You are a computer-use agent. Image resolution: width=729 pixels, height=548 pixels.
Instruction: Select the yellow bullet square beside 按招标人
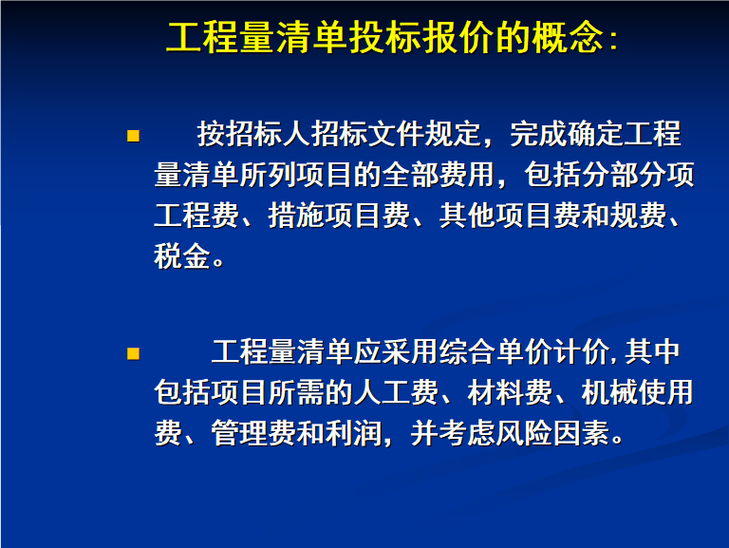133,136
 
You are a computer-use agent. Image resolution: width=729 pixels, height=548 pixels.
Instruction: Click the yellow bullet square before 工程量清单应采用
133,354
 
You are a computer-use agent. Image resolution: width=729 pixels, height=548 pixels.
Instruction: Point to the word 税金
182,255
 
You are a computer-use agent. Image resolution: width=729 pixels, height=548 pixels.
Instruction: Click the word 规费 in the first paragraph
638,216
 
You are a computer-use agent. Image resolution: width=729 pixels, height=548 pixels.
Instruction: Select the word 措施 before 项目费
296,216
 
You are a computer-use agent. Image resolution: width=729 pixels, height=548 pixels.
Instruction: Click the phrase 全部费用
439,175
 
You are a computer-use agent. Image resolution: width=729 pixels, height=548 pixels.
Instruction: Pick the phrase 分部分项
638,175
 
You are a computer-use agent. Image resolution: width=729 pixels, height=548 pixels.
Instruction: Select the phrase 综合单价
496,352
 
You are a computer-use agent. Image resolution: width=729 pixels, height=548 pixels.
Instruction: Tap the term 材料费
510,392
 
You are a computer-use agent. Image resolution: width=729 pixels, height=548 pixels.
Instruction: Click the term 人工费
396,392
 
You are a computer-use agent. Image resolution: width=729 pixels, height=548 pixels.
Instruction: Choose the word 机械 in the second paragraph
609,392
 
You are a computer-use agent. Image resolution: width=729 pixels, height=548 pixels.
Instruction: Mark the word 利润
353,433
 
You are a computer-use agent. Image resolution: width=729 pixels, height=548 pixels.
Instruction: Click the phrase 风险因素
552,433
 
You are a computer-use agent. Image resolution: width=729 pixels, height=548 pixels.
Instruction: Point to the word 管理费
253,433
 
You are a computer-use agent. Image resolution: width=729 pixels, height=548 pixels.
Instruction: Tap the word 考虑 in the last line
467,433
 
